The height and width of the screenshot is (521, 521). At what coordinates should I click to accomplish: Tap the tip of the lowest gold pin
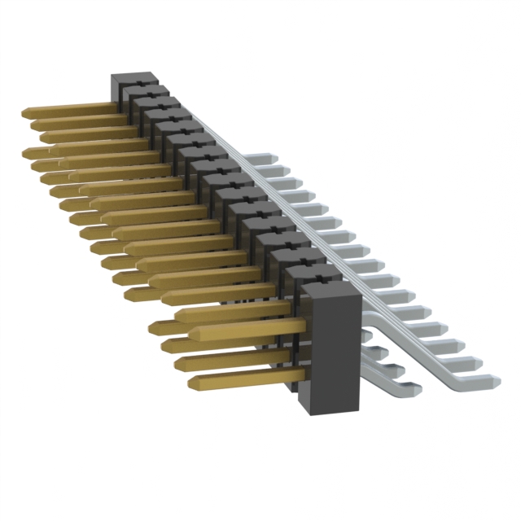(193, 383)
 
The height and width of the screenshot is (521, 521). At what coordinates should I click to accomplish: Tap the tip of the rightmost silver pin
(493, 379)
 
